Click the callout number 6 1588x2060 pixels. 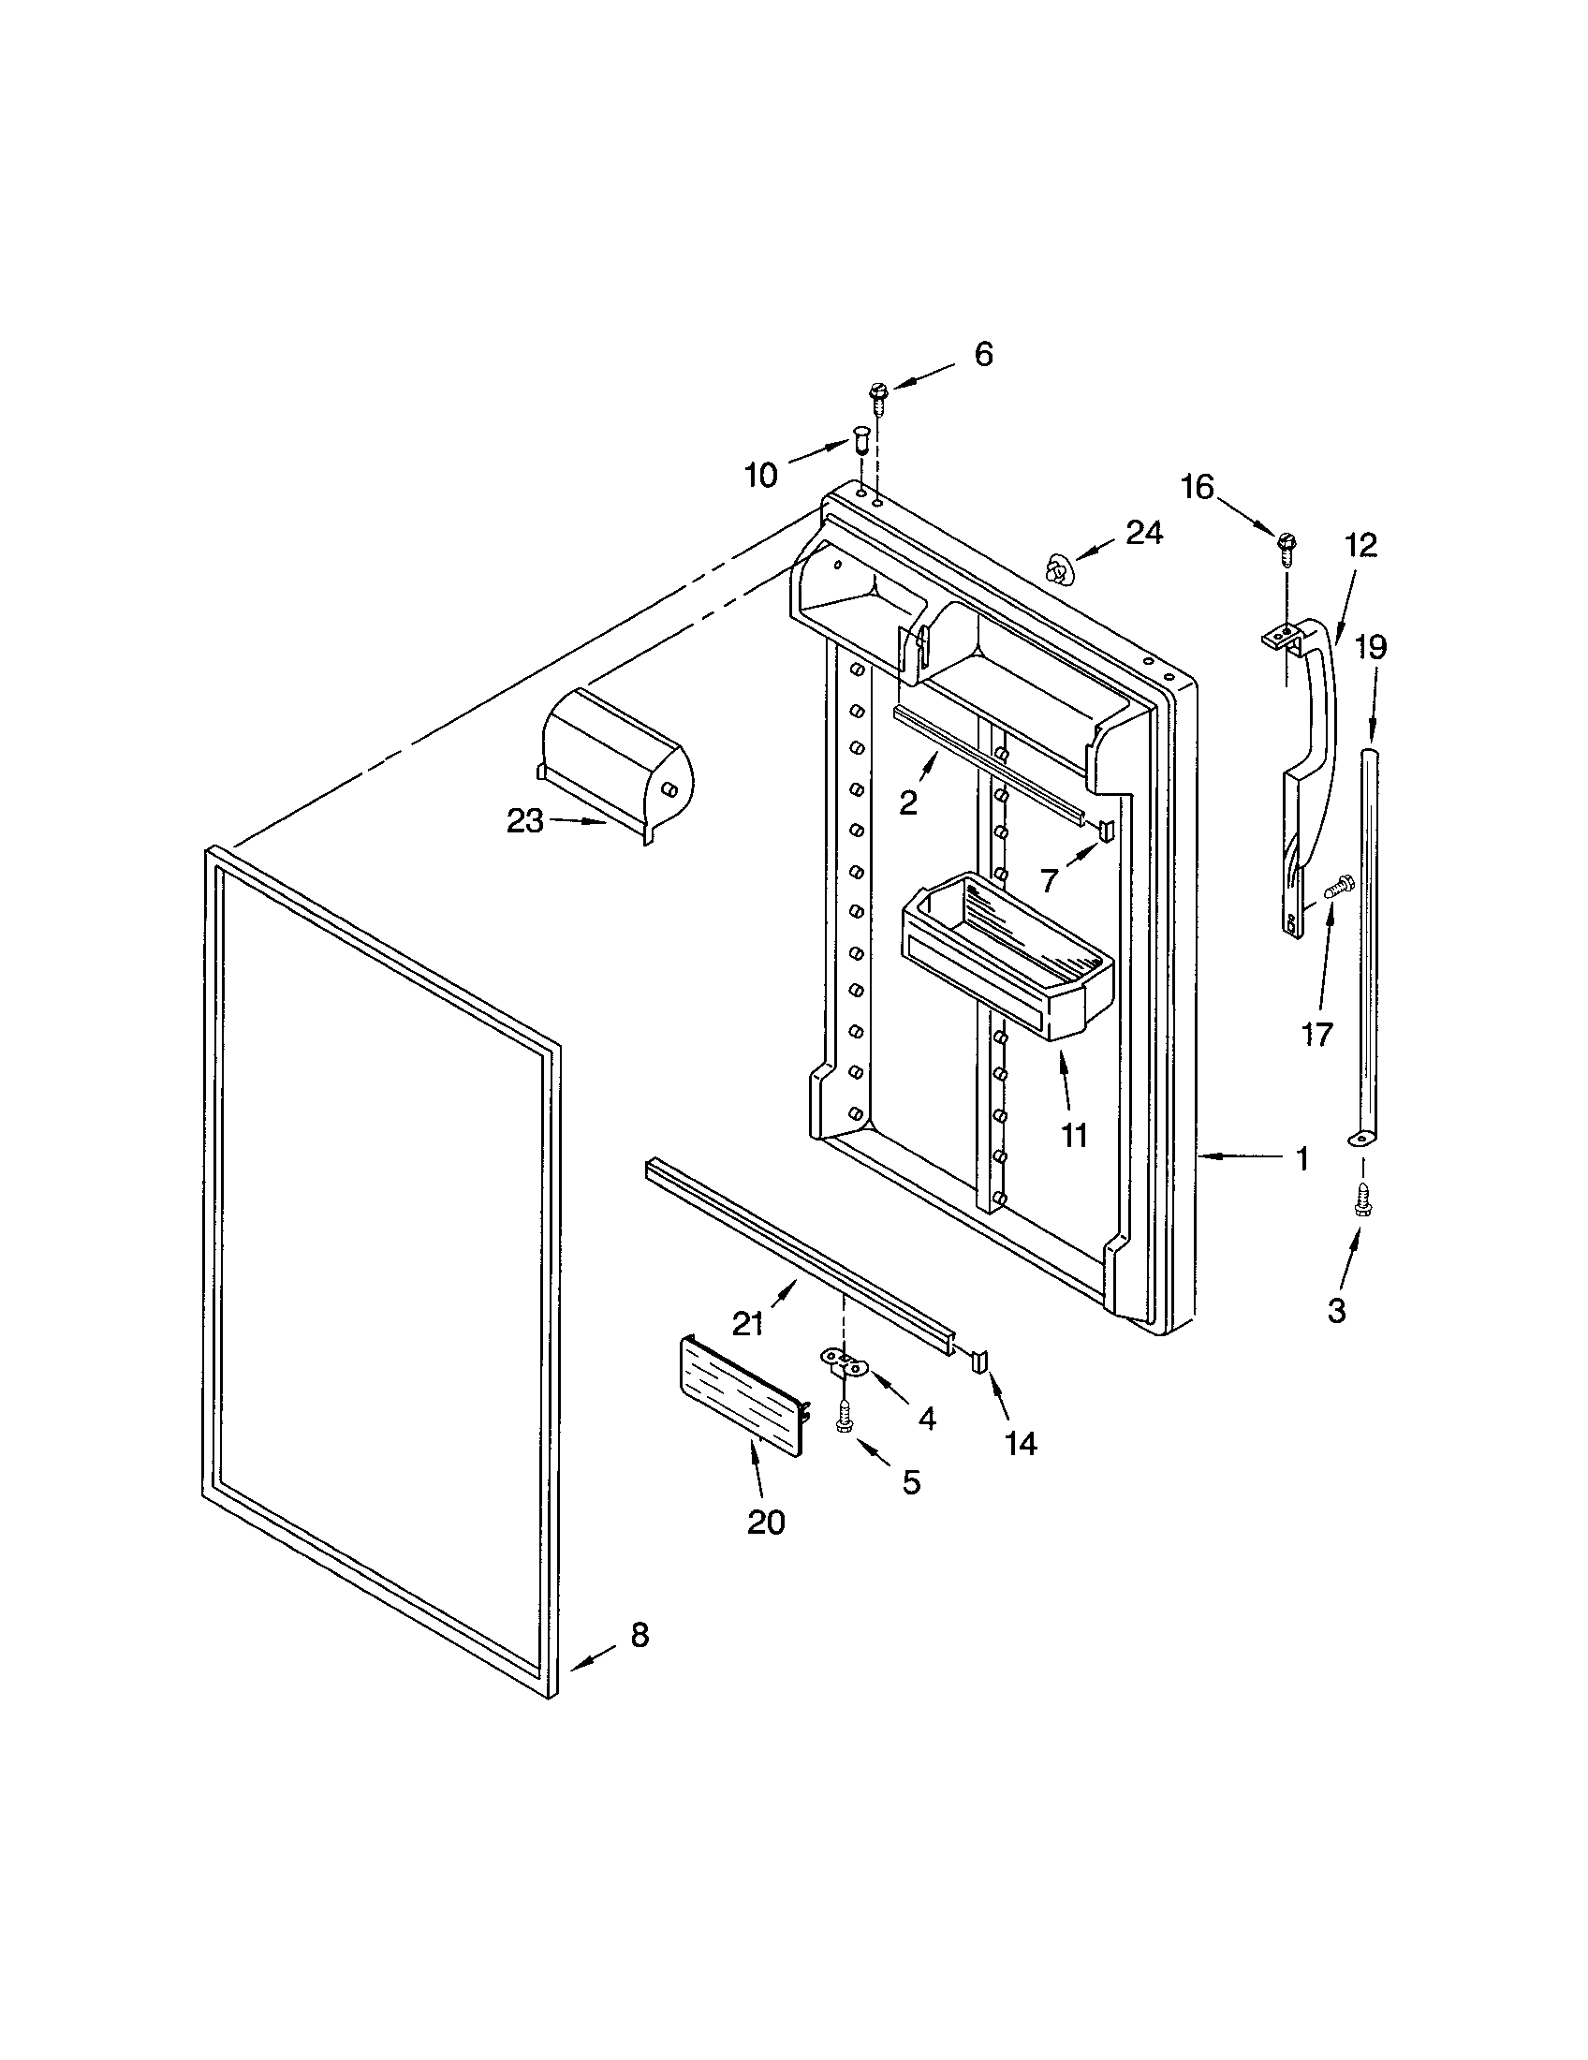[982, 355]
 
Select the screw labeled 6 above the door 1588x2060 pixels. [878, 397]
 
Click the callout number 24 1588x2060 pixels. [1144, 534]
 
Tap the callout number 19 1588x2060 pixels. [1372, 648]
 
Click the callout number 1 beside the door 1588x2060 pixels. [1301, 1159]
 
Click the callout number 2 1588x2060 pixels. [907, 803]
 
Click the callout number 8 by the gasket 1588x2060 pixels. [640, 1635]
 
